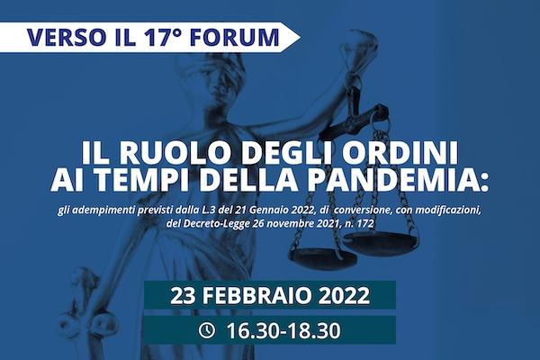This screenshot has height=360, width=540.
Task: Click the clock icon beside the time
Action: pos(207,330)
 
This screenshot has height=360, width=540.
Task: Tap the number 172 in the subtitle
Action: pos(364,223)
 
